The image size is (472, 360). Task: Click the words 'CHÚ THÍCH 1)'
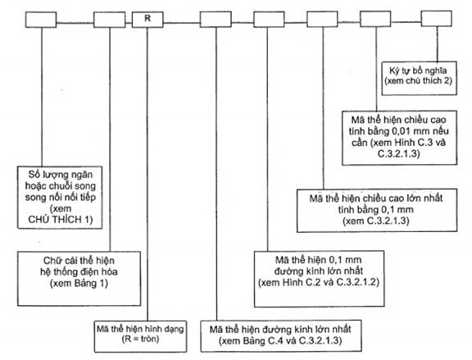60,220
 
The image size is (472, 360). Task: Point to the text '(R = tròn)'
140,339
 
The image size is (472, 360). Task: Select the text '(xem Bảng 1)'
79,283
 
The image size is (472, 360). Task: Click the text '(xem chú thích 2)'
419,80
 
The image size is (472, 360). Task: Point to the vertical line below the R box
147,174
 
